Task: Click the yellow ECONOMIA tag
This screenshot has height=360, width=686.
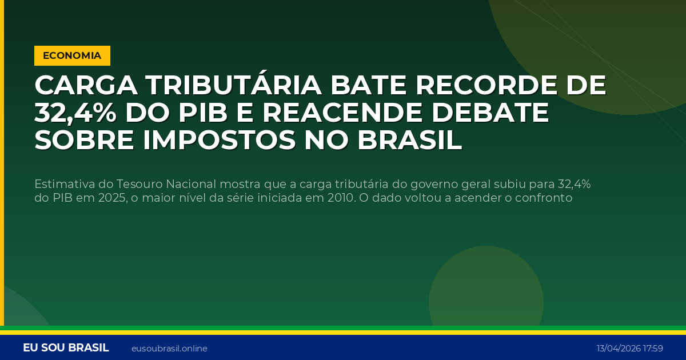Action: point(72,55)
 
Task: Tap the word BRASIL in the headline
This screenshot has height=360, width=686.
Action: point(409,141)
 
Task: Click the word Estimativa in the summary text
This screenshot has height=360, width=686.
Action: point(64,184)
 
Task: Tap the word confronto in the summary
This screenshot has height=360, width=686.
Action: point(544,198)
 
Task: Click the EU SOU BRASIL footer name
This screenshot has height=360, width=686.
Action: point(66,348)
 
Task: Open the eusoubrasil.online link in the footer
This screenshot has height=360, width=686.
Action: point(169,349)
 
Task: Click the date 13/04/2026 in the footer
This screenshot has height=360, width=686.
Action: point(618,349)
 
